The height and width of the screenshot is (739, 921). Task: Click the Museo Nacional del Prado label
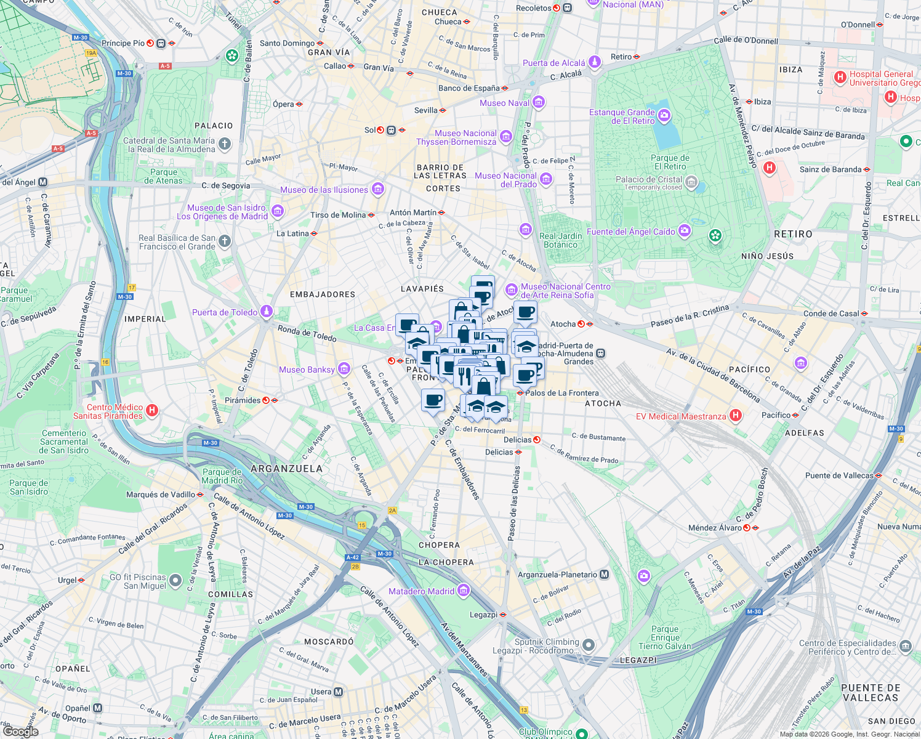[x=505, y=180]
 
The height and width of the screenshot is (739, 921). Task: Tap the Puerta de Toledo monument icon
[x=267, y=312]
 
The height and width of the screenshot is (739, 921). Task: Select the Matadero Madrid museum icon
[x=464, y=591]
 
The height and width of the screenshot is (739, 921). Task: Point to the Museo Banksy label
[x=307, y=369]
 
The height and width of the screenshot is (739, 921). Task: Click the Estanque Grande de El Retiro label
[x=622, y=116]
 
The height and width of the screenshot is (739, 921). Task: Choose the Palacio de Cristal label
[x=648, y=180]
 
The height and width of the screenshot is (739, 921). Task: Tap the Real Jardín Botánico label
[x=560, y=240]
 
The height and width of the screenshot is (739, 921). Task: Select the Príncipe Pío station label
[x=123, y=43]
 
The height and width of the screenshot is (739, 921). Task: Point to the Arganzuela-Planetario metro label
[x=558, y=575]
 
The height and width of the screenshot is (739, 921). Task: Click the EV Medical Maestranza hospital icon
[x=735, y=416]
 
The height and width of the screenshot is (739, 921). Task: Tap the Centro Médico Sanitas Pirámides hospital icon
[x=153, y=411]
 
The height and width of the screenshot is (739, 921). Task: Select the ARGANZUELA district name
[x=286, y=469]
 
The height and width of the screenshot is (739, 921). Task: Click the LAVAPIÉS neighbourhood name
[x=422, y=289]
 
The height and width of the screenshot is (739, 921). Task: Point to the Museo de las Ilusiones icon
[x=378, y=190]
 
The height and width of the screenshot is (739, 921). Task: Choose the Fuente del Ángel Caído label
[x=630, y=232]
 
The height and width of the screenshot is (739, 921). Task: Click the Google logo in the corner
[x=20, y=731]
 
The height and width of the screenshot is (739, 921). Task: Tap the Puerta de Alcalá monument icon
[x=594, y=62]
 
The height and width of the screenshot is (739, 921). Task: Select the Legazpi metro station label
[x=483, y=615]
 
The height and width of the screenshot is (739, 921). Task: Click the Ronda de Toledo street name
[x=307, y=333]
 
